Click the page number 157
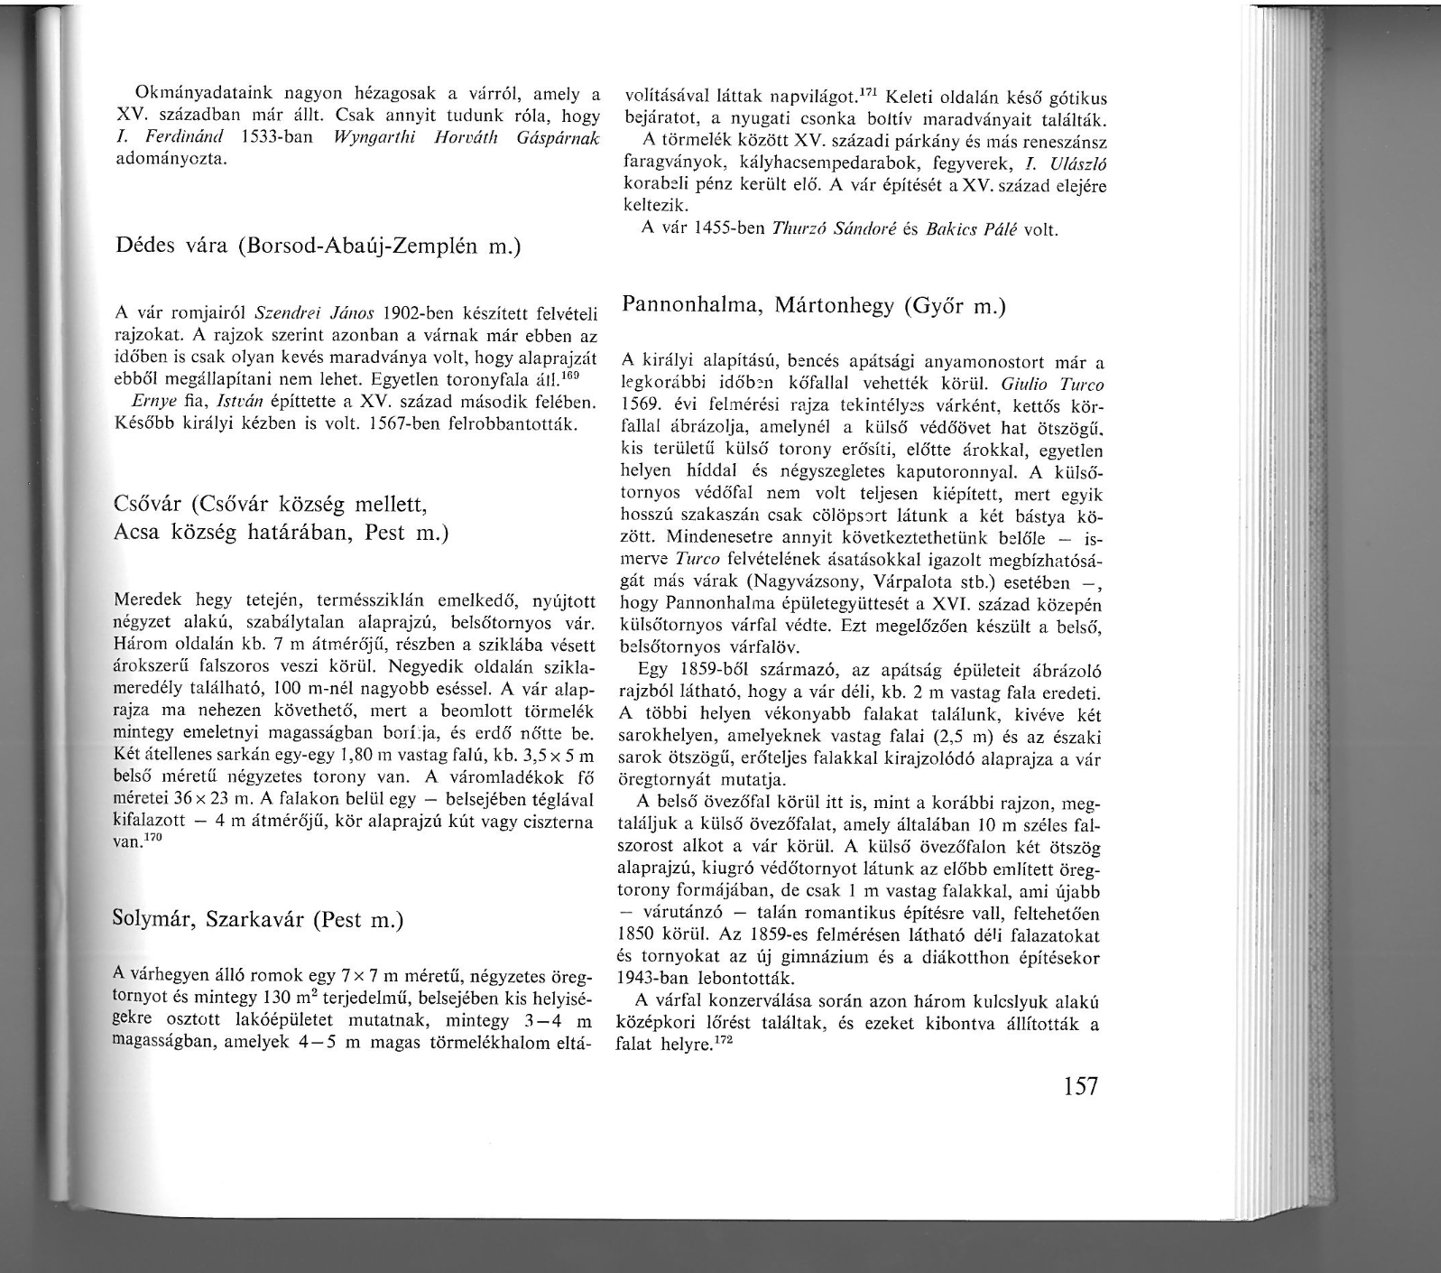(1080, 1085)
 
